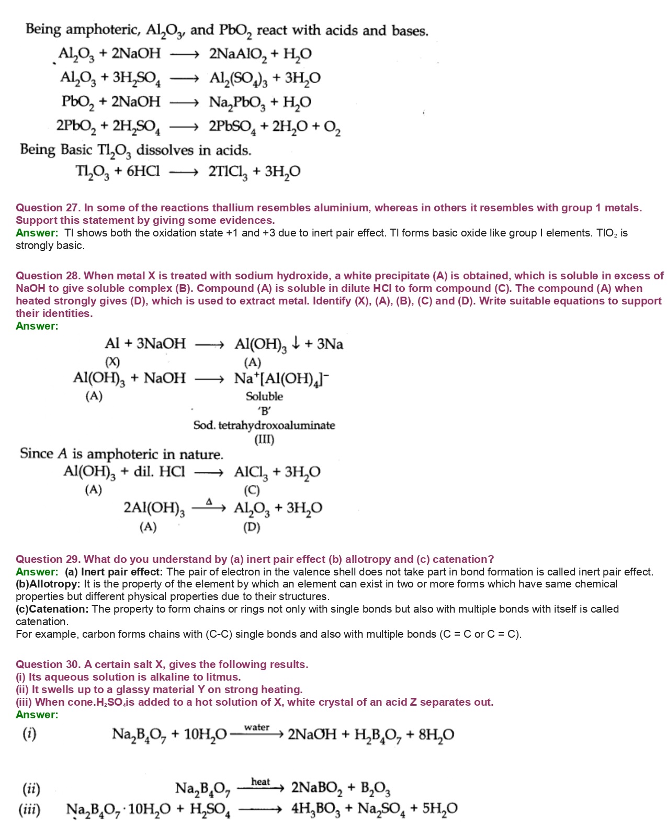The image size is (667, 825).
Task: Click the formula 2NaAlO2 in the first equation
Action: coord(238,54)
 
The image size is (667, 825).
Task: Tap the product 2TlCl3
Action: coord(227,172)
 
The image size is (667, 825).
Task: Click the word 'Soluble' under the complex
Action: coord(264,397)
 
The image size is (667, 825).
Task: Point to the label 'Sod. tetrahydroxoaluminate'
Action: coord(264,425)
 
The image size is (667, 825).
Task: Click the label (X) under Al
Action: coord(112,362)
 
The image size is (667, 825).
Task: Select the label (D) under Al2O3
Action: coord(252,527)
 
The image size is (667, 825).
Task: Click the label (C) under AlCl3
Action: coord(252,490)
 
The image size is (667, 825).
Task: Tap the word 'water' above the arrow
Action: coord(257,727)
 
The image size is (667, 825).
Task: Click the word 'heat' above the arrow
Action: coord(261,782)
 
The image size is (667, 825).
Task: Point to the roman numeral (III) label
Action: coord(264,439)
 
